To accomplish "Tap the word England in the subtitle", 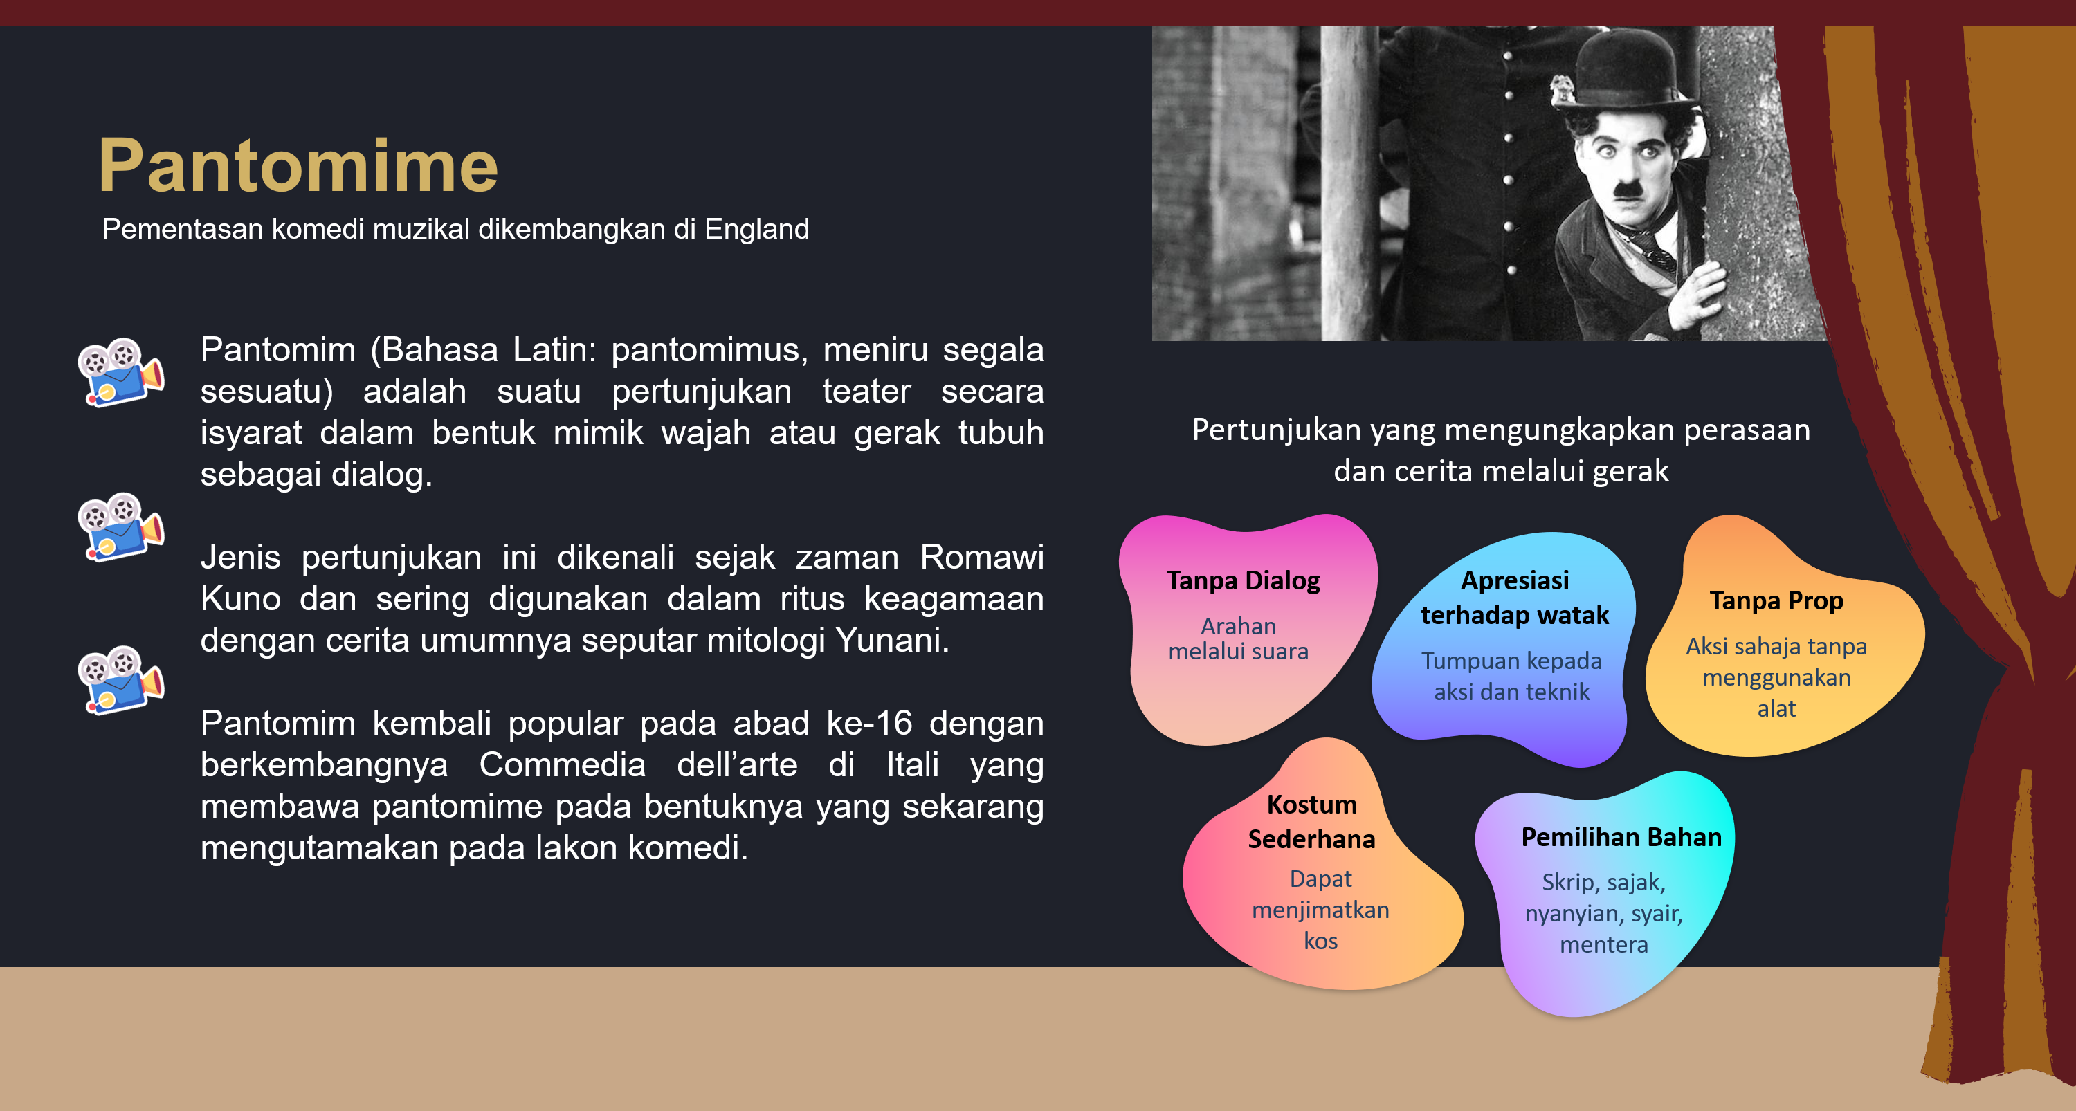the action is point(757,230).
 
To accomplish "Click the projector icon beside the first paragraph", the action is point(121,372).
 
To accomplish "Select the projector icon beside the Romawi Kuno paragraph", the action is point(121,527).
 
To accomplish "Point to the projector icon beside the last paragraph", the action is point(121,680).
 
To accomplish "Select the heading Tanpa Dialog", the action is point(1244,580).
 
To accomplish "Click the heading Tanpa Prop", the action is point(1776,600).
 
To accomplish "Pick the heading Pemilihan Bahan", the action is point(1621,837).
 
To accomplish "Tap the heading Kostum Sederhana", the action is point(1311,822).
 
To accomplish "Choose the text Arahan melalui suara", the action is point(1239,638).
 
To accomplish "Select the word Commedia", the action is point(562,764).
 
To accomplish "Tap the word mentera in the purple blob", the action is point(1604,944).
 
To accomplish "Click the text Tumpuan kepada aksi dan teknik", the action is point(1511,676).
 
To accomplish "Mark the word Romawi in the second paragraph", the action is point(981,557).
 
